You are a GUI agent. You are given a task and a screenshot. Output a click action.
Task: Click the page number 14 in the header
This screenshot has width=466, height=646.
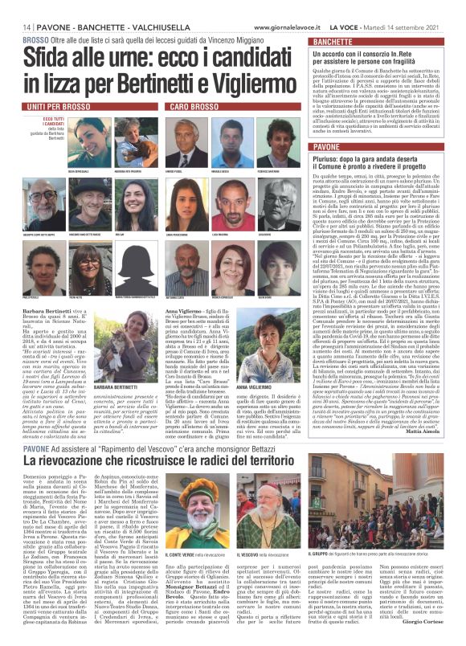pyautogui.click(x=15, y=27)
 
